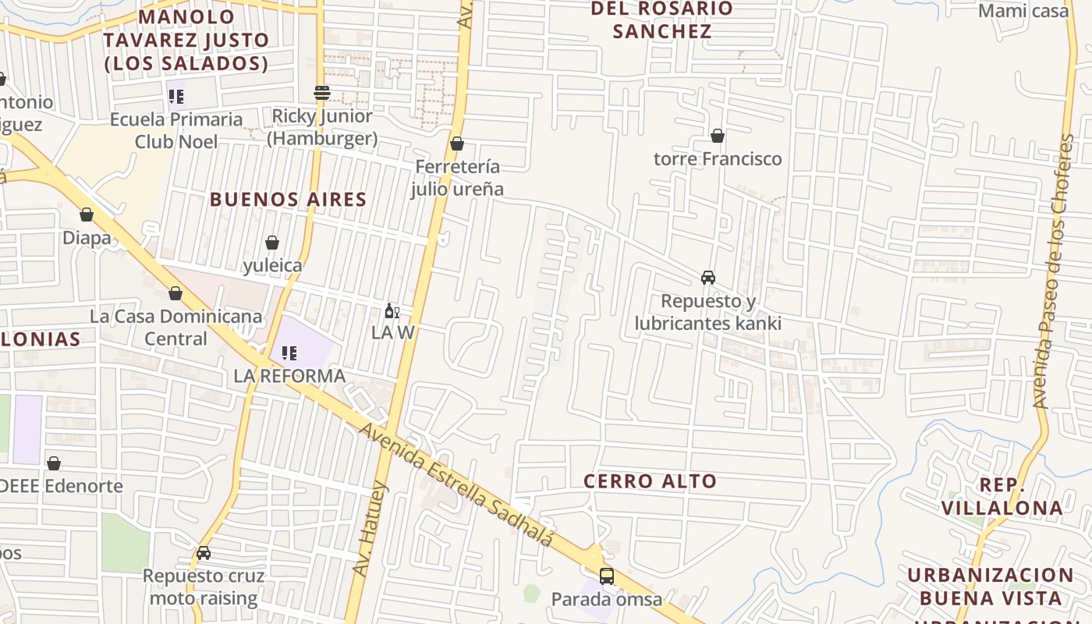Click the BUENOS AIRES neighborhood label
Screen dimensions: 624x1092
pos(288,200)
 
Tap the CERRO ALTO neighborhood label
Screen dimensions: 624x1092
pos(650,481)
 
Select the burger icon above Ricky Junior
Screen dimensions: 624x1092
pos(322,93)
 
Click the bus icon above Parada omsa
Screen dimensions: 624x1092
pos(606,576)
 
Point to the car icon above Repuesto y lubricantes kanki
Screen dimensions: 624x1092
pos(708,278)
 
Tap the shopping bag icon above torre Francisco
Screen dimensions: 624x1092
pos(718,136)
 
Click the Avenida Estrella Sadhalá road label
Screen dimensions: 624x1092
pos(456,485)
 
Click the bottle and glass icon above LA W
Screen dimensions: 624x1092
pos(392,311)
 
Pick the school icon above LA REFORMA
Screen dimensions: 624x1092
pos(289,353)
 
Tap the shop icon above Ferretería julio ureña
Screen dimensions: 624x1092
pos(457,144)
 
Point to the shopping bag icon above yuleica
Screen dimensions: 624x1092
pos(272,243)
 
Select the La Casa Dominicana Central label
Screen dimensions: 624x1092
pos(175,328)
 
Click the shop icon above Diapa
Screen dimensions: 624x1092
pos(87,214)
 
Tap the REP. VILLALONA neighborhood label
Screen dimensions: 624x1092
pos(1002,496)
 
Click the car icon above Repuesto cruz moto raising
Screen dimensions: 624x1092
pos(204,553)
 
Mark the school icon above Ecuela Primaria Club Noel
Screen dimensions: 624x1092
pos(176,97)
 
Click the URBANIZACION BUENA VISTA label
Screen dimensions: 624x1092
pos(990,587)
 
